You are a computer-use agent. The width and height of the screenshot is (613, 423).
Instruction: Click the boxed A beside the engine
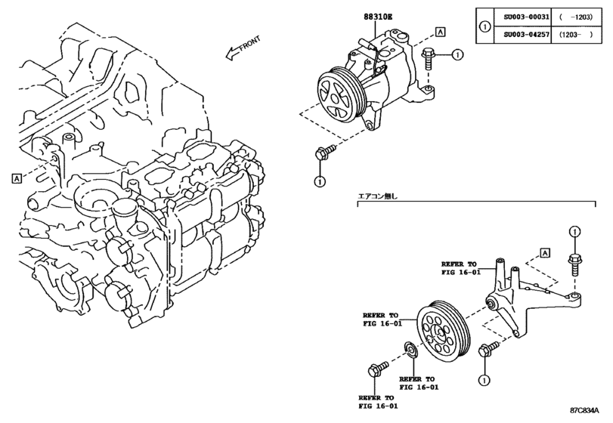pyautogui.click(x=16, y=178)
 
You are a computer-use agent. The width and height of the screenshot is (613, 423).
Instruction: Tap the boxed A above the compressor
pyautogui.click(x=439, y=32)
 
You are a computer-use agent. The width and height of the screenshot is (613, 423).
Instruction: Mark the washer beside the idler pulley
pyautogui.click(x=410, y=349)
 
